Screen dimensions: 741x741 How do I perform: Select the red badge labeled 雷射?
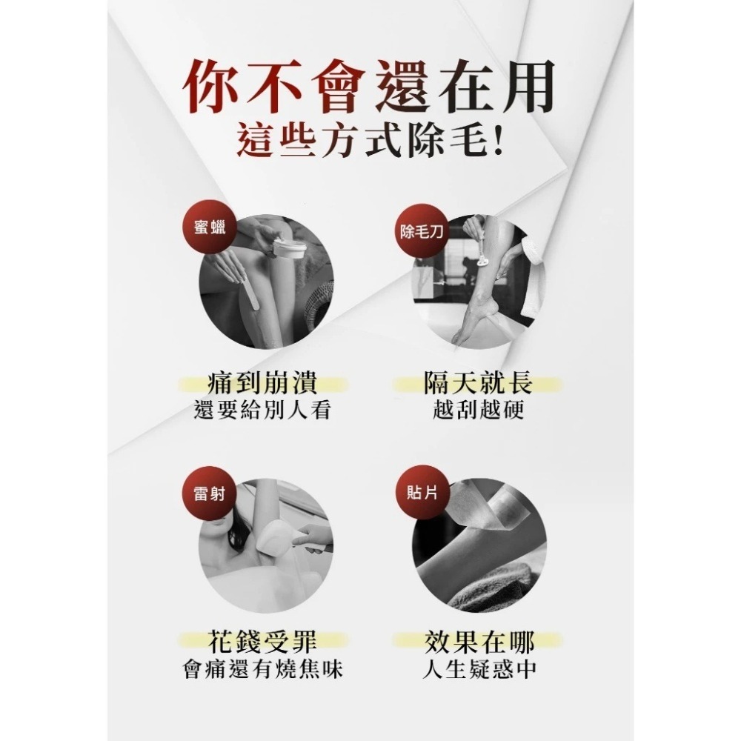[x=210, y=494]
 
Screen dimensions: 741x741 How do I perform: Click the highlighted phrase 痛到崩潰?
[x=263, y=384]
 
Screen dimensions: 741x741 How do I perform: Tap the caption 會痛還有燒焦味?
[x=263, y=669]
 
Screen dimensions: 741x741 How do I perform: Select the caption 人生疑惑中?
[x=479, y=669]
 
